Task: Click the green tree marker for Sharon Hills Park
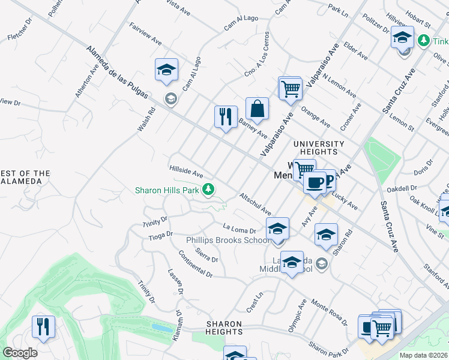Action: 208,190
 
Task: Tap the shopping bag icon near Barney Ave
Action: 257,109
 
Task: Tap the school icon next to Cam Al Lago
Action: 166,70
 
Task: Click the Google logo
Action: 20,353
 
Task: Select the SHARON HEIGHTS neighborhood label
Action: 224,328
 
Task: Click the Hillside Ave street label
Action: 186,172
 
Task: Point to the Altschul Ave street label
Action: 256,204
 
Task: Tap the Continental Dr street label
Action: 195,263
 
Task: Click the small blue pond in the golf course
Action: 160,328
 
